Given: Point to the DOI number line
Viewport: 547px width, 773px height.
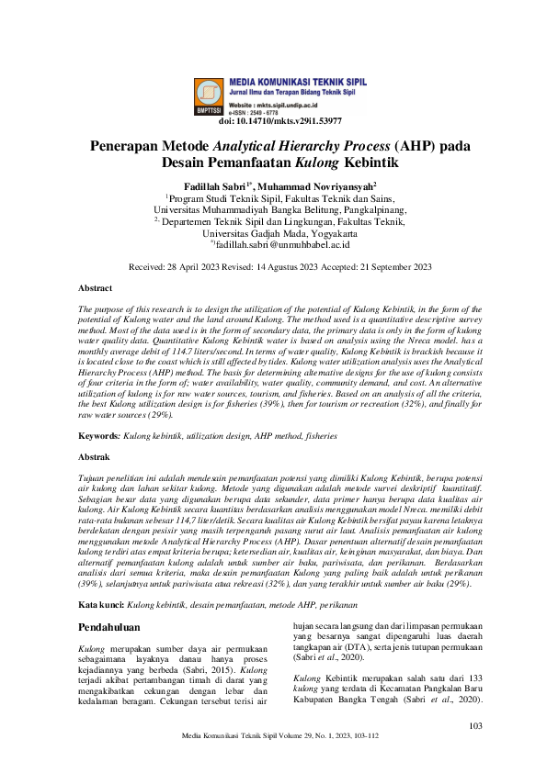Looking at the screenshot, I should click(x=280, y=120).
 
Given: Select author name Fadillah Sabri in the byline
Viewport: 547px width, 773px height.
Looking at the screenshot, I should click(x=213, y=185).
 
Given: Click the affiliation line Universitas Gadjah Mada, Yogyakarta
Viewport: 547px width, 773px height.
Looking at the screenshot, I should click(x=273, y=233).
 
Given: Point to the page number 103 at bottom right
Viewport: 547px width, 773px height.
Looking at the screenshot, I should click(x=475, y=727).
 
